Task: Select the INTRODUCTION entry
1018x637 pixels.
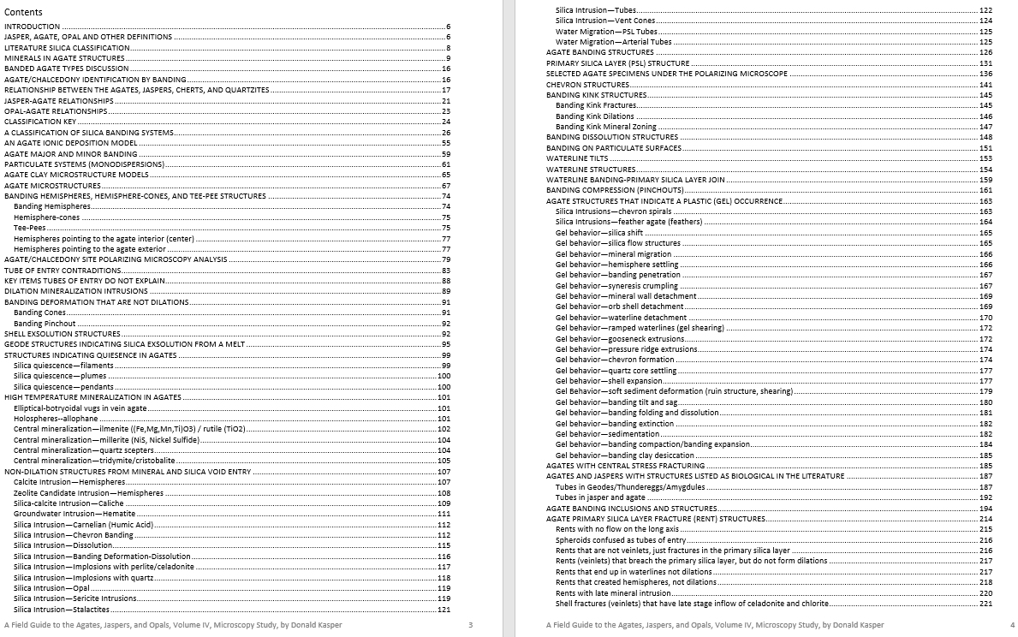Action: coord(33,27)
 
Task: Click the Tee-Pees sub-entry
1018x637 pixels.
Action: coord(30,228)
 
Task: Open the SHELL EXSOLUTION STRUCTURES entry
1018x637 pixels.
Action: coord(63,334)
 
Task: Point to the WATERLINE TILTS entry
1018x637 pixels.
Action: coord(577,158)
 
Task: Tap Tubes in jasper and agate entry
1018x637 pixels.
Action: coord(600,497)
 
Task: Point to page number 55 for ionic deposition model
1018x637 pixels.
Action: coord(445,143)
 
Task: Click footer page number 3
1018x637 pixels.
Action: coord(471,625)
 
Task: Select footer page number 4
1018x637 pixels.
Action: coord(1012,625)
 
